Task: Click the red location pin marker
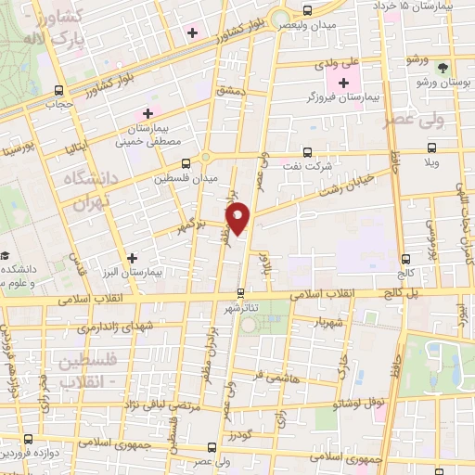tap(239, 217)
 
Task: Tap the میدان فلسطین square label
tap(199, 177)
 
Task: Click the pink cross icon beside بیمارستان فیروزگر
tap(342, 83)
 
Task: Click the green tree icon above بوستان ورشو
tap(443, 67)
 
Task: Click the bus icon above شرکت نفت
tap(308, 153)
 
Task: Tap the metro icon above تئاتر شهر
tap(241, 293)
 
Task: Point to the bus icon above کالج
tap(404, 260)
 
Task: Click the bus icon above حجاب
tap(60, 91)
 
